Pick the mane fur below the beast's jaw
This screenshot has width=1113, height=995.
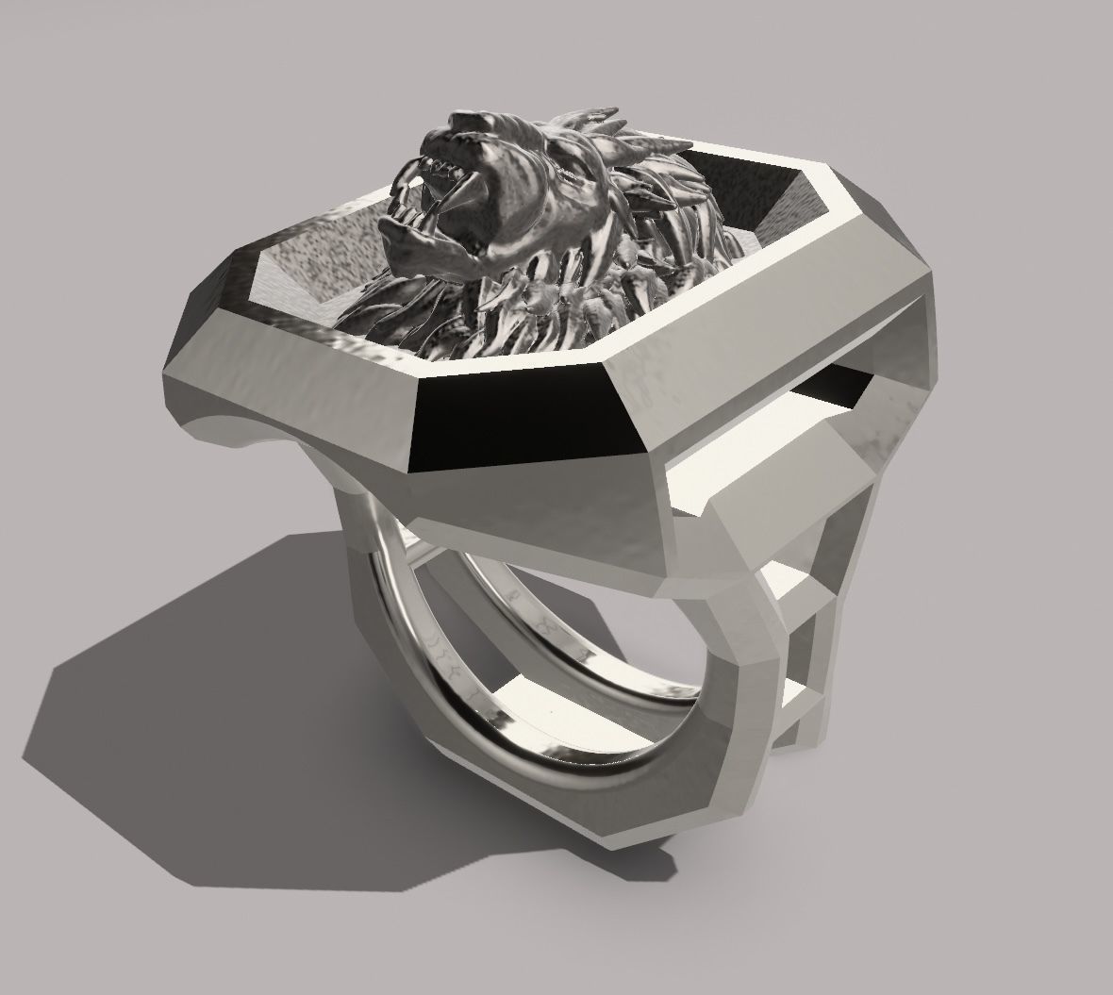point(528,302)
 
